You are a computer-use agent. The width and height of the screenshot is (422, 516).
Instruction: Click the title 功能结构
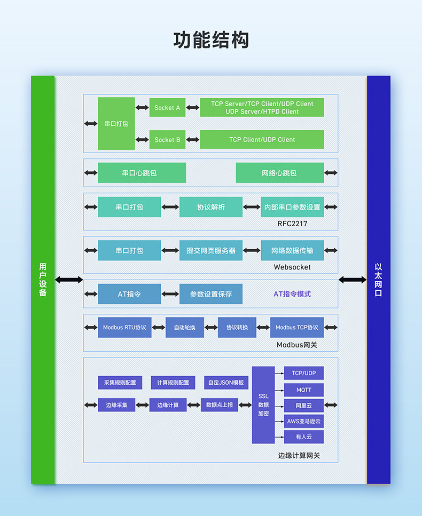[x=211, y=40]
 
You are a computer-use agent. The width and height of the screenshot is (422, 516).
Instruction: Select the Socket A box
[x=167, y=108]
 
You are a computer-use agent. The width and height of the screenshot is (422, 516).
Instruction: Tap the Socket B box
[x=167, y=139]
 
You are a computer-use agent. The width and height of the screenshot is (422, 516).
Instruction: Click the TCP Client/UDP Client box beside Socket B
[x=262, y=139]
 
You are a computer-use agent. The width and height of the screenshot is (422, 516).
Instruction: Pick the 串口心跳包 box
[x=142, y=173]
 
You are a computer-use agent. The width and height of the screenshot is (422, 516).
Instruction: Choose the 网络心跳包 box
[x=280, y=173]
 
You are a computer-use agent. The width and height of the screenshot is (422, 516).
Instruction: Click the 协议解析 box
[x=211, y=207]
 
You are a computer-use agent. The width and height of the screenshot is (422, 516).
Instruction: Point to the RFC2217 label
[x=292, y=224]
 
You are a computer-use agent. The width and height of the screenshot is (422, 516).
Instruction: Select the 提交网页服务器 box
[x=211, y=250]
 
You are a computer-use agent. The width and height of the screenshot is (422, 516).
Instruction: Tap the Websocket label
[x=292, y=267]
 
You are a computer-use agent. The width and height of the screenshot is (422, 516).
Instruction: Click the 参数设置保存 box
[x=211, y=294]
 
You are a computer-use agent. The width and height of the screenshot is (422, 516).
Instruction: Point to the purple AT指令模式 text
[x=292, y=294]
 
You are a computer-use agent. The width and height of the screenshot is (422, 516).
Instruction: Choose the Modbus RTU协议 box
[x=124, y=328]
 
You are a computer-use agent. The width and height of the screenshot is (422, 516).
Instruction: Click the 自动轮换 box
[x=185, y=328]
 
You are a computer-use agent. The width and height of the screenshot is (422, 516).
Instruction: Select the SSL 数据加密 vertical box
[x=263, y=405]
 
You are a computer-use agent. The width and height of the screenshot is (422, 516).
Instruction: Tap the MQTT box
[x=304, y=390]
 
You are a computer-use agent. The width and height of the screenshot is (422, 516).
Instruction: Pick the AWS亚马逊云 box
[x=304, y=421]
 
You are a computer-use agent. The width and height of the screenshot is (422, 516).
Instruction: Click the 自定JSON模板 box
[x=226, y=383]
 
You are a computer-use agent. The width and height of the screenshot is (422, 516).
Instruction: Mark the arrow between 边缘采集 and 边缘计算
[x=142, y=405]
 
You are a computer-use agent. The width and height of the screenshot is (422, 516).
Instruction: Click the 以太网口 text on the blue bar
[x=378, y=280]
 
